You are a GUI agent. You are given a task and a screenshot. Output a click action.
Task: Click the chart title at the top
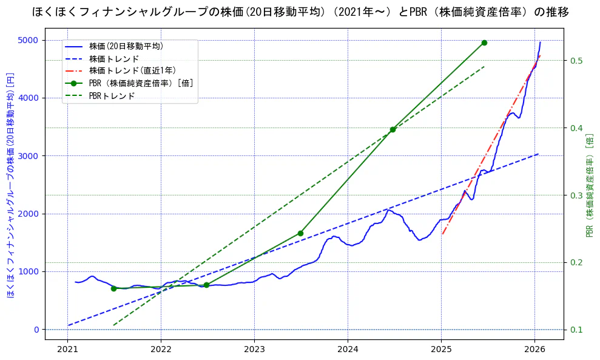[300, 12]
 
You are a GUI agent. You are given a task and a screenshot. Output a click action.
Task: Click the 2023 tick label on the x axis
[254, 350]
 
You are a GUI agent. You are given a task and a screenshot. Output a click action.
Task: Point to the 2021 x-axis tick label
[67, 350]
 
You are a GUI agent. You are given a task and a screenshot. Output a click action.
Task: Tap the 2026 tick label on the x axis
[534, 350]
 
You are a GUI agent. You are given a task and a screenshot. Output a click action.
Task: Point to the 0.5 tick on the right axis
[575, 61]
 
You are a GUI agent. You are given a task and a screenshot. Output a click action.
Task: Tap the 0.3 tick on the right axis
[575, 195]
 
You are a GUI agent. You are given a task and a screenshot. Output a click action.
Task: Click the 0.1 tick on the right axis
[575, 330]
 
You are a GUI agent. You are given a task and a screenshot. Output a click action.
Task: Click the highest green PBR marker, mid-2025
[484, 42]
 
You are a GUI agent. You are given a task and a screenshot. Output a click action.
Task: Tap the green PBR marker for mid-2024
[393, 129]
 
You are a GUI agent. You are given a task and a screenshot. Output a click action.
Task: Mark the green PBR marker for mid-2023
[300, 233]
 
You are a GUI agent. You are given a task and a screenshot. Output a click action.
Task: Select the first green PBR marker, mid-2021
[113, 288]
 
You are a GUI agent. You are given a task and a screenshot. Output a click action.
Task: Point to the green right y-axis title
[588, 185]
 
